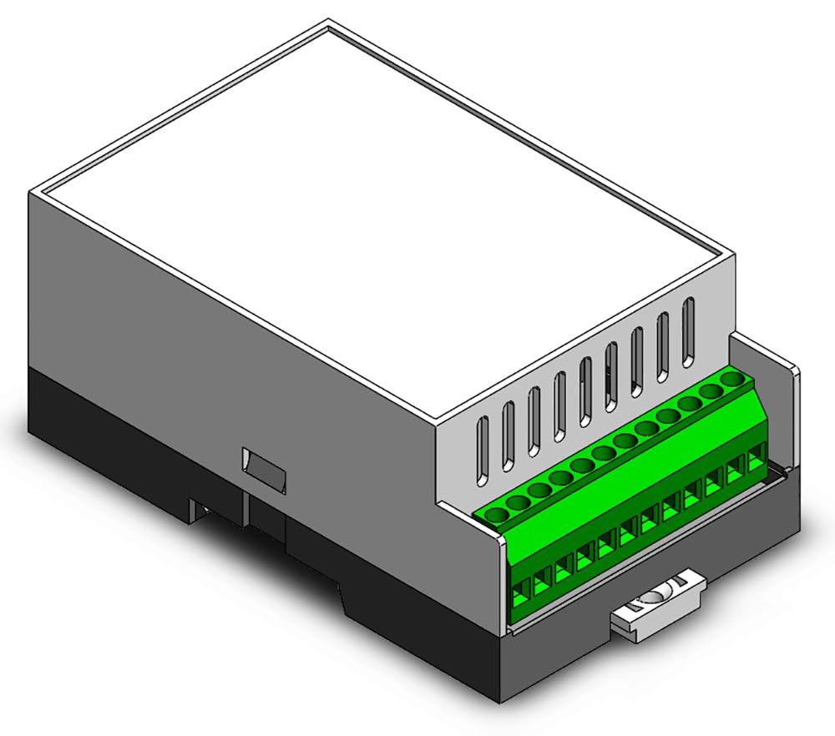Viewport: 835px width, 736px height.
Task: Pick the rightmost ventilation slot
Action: point(688,330)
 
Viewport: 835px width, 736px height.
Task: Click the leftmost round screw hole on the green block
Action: point(497,515)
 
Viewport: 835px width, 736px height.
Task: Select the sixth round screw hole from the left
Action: point(603,455)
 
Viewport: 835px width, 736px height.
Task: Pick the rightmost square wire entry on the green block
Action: point(757,458)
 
